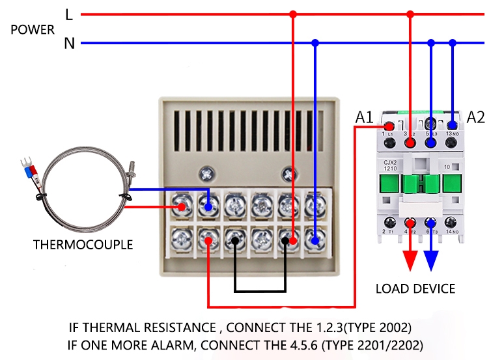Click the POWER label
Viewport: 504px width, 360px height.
click(x=33, y=29)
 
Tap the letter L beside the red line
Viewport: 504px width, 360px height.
click(x=69, y=14)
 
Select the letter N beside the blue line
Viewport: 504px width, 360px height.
click(x=69, y=44)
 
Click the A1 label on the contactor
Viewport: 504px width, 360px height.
click(x=364, y=118)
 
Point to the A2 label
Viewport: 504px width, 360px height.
click(x=476, y=117)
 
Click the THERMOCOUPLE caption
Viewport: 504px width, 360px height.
click(x=83, y=245)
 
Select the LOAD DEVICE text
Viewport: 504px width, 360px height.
click(x=415, y=288)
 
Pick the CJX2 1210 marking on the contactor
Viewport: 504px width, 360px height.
click(x=391, y=166)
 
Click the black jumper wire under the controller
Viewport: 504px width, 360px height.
click(x=260, y=291)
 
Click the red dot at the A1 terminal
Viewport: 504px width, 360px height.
click(x=389, y=127)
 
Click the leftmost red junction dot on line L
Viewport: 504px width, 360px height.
click(x=293, y=14)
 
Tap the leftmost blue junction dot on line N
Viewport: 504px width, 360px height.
click(x=315, y=44)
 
